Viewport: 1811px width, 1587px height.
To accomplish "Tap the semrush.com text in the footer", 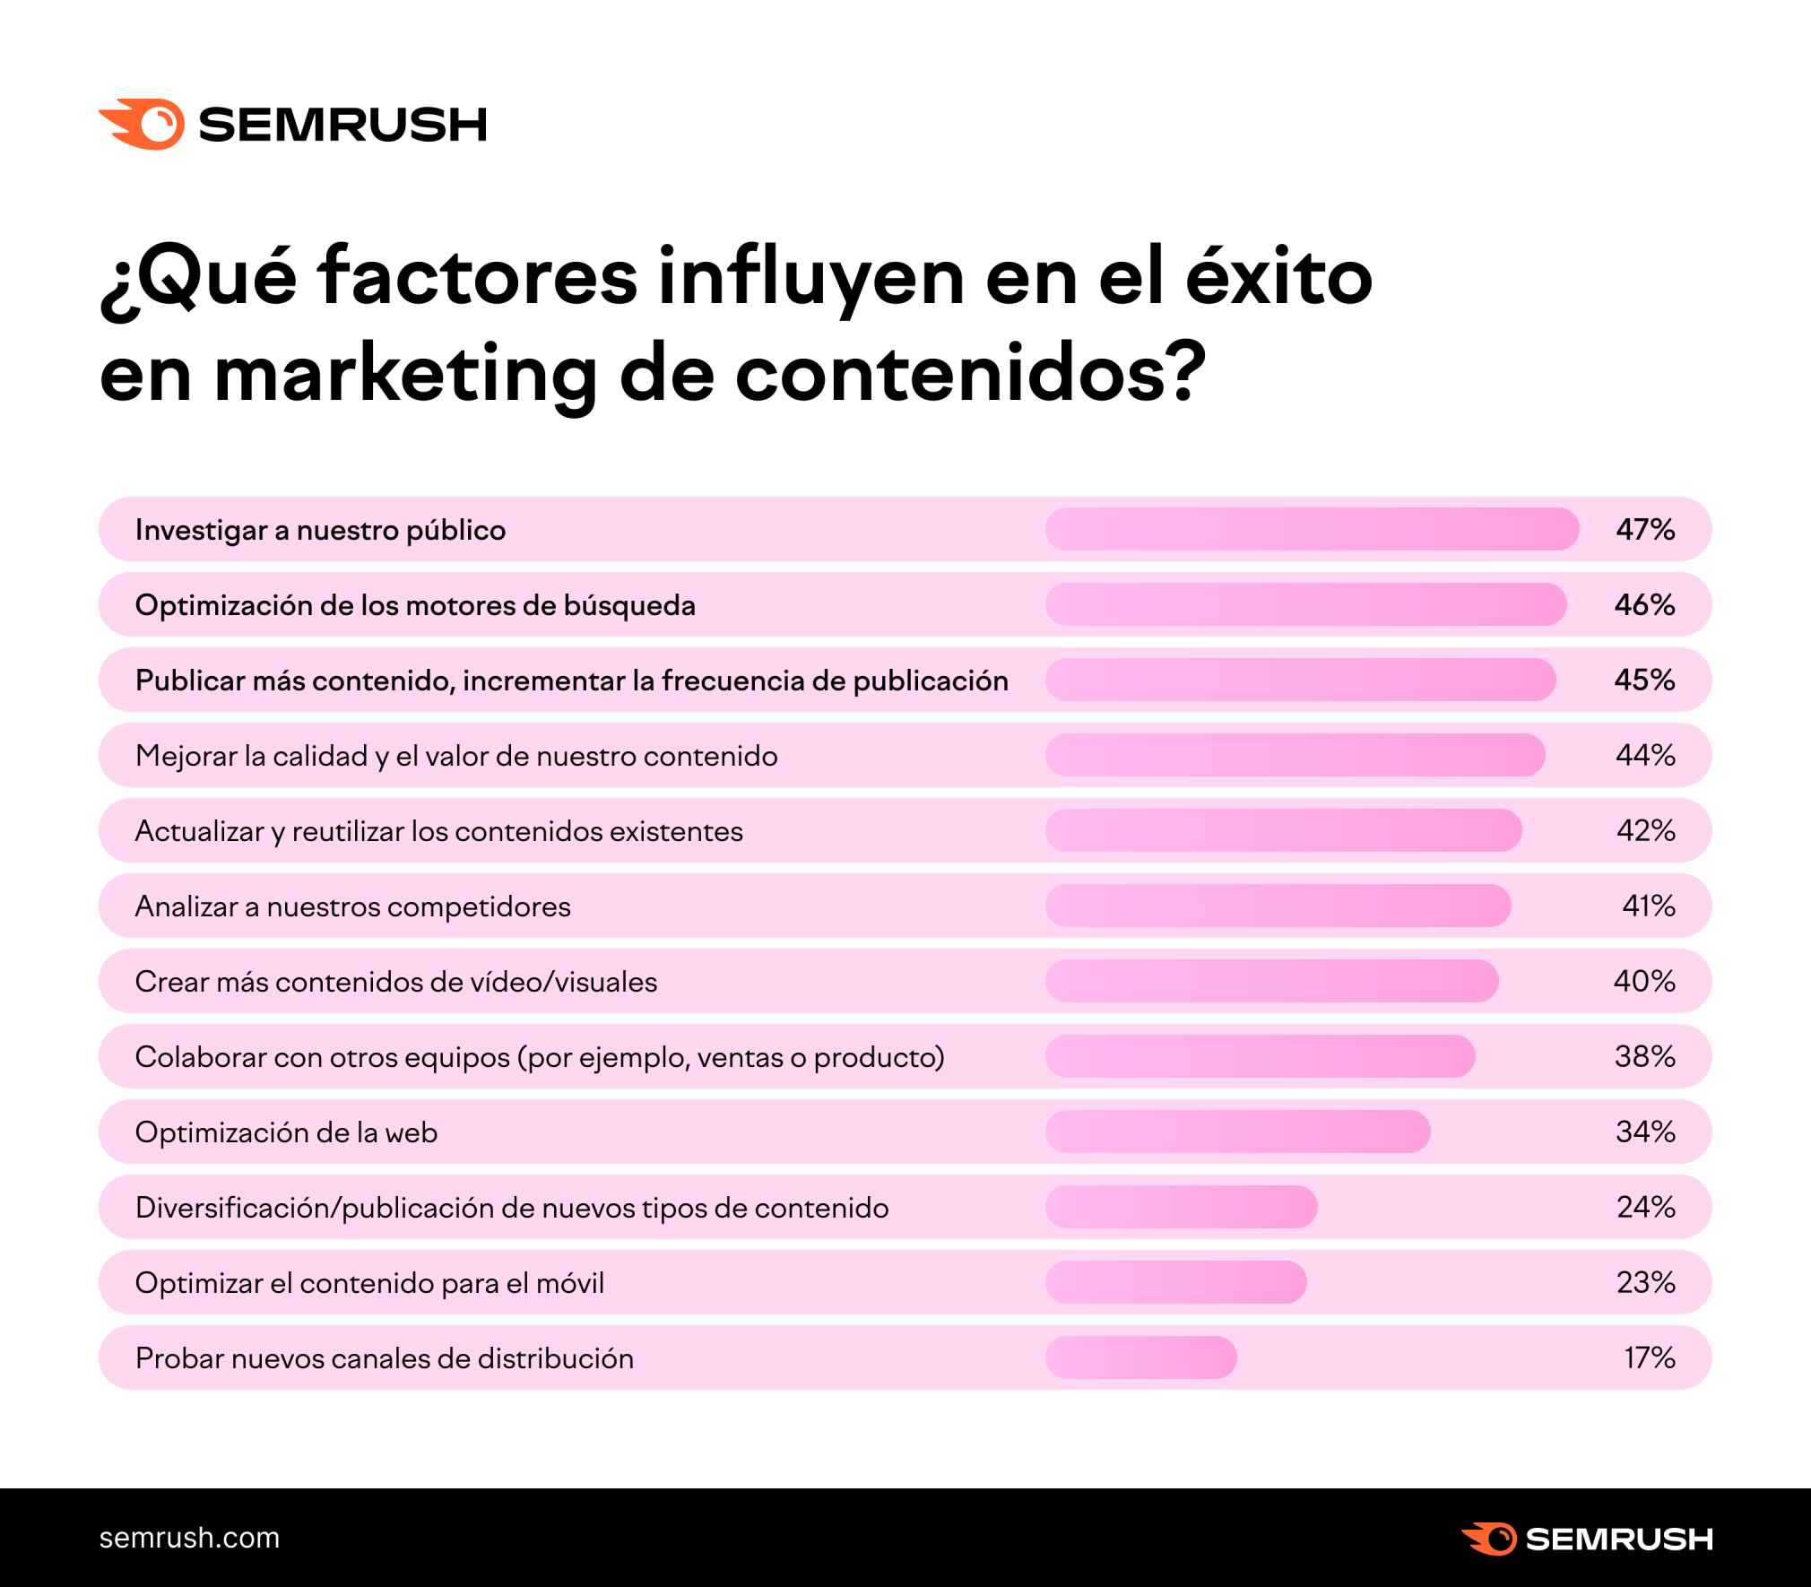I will tap(189, 1538).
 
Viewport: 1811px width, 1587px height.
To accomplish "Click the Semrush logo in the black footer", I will tap(1587, 1539).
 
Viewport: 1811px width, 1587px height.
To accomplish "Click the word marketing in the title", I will tap(405, 375).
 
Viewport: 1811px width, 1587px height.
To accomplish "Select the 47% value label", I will tap(1645, 529).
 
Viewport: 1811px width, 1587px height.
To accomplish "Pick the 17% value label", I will tap(1649, 1357).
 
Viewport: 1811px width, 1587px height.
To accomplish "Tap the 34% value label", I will tap(1645, 1132).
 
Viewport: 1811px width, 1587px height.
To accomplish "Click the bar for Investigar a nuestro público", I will tap(1312, 529).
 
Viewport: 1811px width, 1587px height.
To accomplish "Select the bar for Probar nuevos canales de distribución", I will tap(1140, 1357).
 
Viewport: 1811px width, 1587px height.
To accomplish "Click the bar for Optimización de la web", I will tap(1237, 1132).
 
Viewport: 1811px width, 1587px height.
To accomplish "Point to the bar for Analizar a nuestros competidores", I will tap(1278, 906).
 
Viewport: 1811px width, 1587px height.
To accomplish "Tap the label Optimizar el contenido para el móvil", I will tap(369, 1283).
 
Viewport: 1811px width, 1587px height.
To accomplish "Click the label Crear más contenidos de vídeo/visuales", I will tap(396, 982).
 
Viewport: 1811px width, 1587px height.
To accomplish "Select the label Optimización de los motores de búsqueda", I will tap(415, 605).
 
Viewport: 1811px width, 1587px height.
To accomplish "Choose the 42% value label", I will tap(1645, 830).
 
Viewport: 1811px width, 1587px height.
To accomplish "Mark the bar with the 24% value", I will tap(1181, 1207).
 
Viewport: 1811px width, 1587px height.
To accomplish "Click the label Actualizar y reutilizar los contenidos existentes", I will tap(439, 831).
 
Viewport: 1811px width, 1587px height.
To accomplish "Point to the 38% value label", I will tap(1645, 1056).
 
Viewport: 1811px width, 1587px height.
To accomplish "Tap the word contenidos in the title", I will tap(970, 375).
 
